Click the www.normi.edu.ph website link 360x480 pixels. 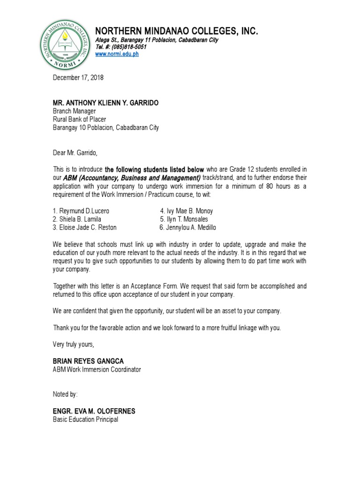point(117,54)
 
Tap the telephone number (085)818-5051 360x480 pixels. point(121,47)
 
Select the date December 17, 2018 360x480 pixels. point(78,78)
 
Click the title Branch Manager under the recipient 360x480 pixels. point(74,111)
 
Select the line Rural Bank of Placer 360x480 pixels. point(79,120)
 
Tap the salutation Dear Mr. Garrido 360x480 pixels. point(76,152)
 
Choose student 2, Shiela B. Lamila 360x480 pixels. point(77,219)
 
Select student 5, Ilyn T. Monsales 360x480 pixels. point(184,219)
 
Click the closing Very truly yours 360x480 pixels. point(73,345)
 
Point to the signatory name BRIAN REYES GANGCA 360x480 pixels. point(88,361)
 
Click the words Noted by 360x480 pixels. point(65,395)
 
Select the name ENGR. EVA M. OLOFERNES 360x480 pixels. point(94,411)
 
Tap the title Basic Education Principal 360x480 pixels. point(85,420)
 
